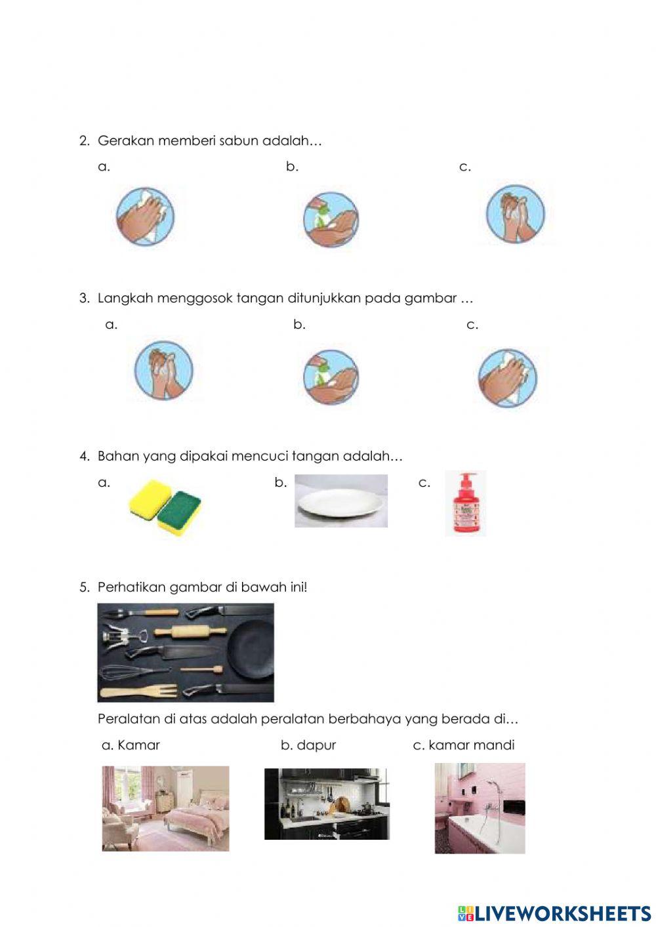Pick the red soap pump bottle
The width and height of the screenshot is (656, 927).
pos(465,504)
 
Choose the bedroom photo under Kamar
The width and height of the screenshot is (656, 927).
pos(165,808)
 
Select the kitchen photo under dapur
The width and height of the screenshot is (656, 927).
pos(327,804)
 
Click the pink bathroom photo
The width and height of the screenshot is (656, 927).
pos(480,808)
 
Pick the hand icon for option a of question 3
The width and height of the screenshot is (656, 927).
pos(164,370)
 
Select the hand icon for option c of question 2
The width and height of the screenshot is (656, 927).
pos(515,213)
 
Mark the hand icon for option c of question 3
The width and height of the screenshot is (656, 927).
pos(508,378)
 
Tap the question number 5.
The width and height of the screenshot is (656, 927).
pos(84,587)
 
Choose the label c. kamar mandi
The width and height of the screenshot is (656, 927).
pos(464,745)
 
